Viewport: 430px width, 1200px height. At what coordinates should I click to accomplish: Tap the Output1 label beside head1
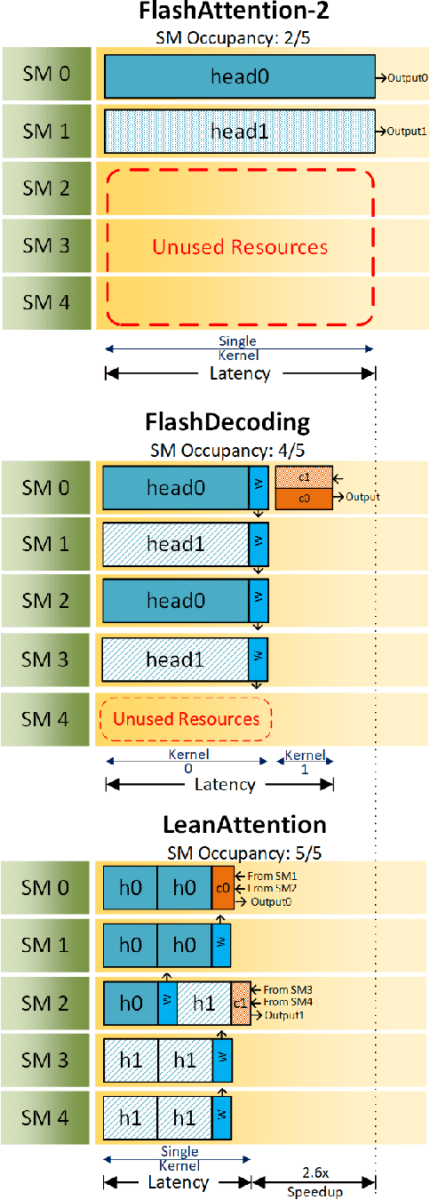(x=408, y=132)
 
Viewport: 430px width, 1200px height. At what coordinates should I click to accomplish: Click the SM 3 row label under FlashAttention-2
(x=46, y=245)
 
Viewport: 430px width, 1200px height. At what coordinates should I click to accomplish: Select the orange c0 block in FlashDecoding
(x=304, y=498)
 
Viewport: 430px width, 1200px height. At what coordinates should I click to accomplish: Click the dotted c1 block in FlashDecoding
(x=304, y=476)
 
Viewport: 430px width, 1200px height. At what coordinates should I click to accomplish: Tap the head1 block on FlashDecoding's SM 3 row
(x=176, y=659)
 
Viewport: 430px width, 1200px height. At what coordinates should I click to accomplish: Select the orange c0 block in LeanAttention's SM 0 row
(x=222, y=888)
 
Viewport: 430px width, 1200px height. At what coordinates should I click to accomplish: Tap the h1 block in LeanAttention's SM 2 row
(x=203, y=1002)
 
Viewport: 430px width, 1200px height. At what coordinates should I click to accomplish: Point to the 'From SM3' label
(x=282, y=988)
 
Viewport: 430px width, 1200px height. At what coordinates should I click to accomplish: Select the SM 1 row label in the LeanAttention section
(x=46, y=945)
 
